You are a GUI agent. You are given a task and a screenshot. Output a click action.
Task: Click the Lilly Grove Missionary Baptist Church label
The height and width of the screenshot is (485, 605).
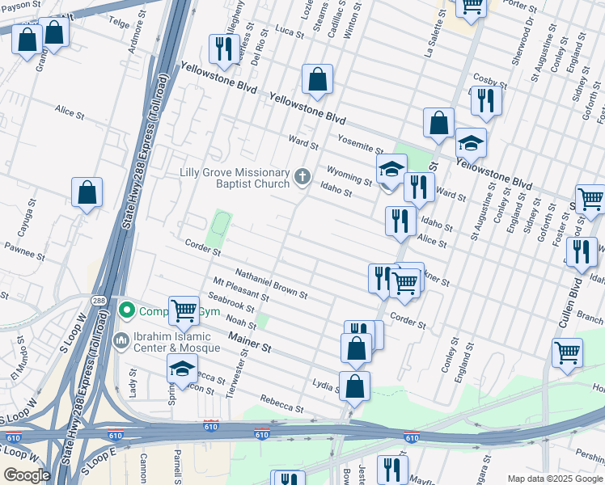click(235, 178)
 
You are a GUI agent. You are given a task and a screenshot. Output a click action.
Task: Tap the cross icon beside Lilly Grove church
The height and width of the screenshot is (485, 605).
click(302, 176)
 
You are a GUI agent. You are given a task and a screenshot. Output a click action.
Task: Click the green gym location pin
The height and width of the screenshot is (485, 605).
click(126, 310)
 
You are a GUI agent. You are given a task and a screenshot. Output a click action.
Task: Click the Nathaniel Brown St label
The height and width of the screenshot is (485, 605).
click(271, 284)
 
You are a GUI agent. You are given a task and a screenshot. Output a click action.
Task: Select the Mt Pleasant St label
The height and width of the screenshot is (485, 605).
click(242, 295)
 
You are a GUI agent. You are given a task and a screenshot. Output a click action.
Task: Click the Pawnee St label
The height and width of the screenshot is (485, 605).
click(23, 249)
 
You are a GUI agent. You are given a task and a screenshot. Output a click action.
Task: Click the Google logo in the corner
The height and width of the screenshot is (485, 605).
click(27, 475)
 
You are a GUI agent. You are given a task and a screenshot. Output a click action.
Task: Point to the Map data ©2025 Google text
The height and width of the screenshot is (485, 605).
click(555, 479)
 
